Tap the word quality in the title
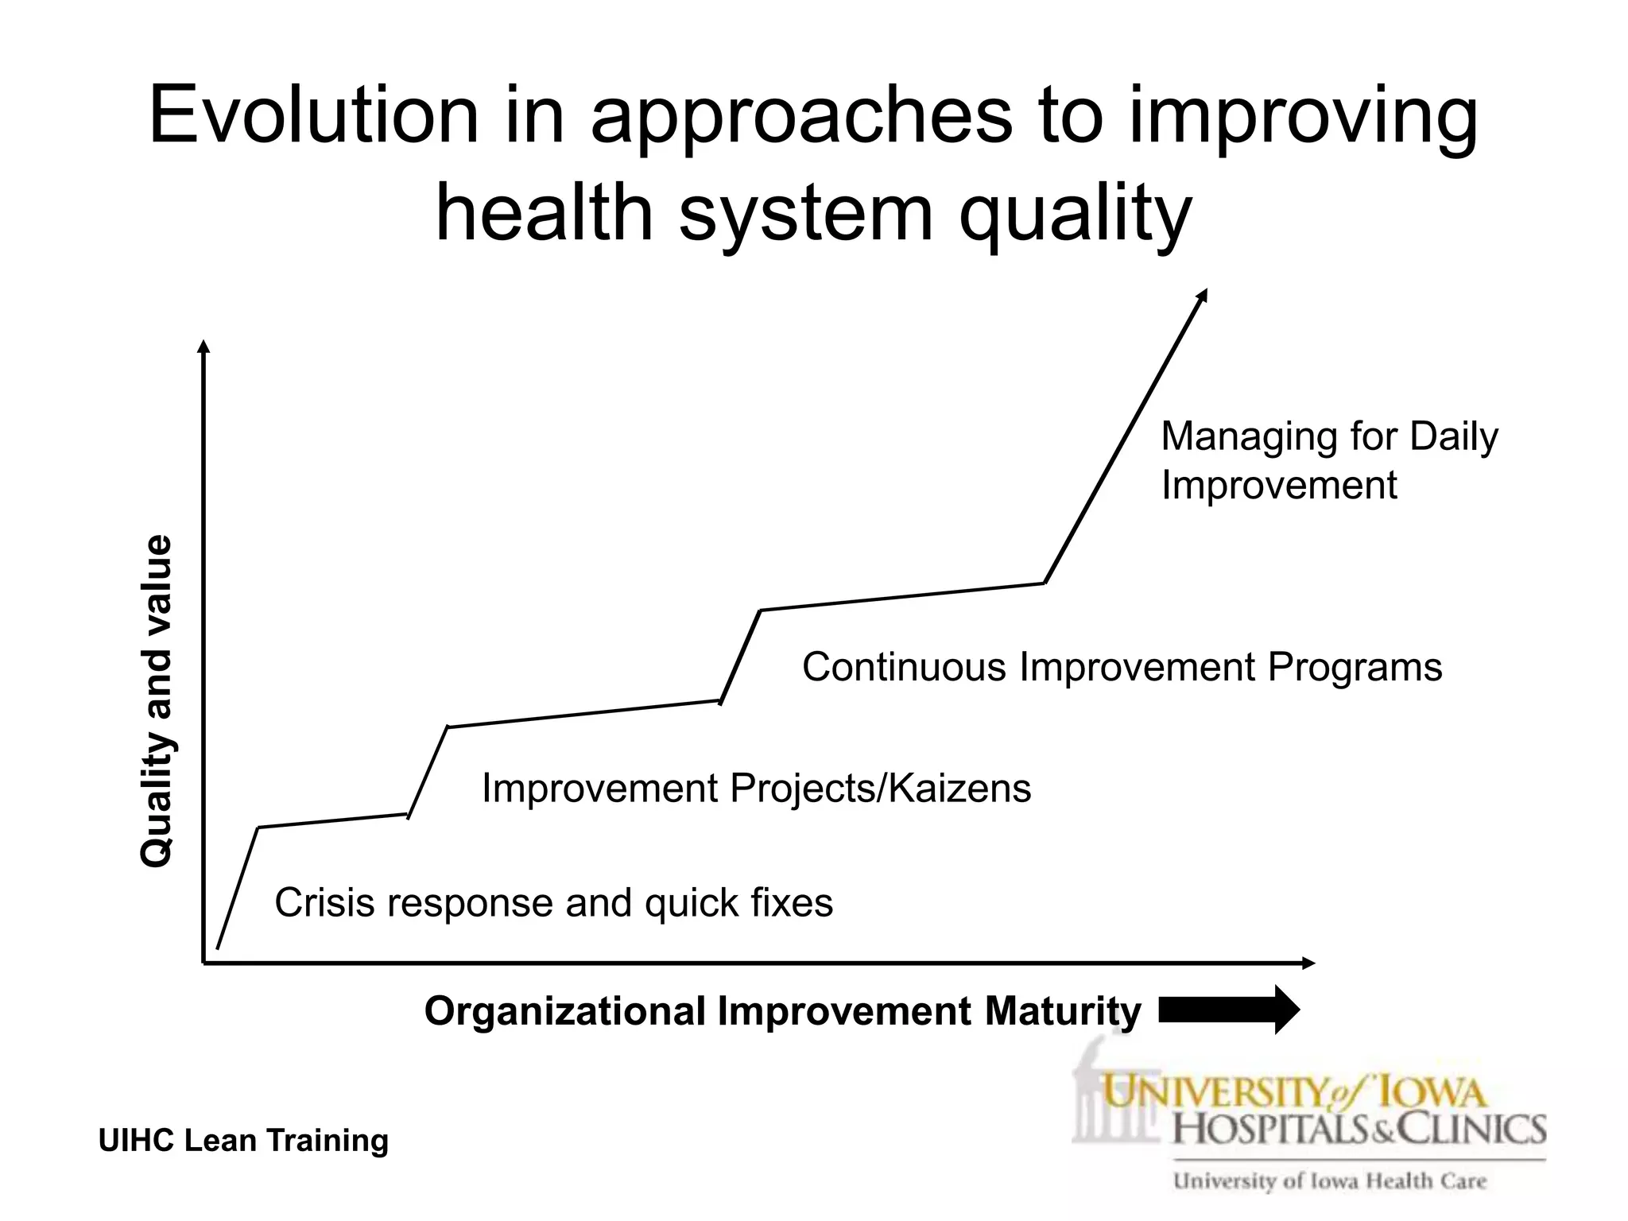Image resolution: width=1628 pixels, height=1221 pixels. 1075,213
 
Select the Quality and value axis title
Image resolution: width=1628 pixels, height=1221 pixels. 156,701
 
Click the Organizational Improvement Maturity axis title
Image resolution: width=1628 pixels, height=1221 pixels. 782,1012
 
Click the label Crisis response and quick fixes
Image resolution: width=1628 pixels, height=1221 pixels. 553,903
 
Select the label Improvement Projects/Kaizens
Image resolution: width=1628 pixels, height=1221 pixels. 756,789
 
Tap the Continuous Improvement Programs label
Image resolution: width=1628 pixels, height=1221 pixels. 1122,666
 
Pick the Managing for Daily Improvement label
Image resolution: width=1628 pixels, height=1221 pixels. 1328,460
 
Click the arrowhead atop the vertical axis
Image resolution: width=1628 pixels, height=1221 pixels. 203,347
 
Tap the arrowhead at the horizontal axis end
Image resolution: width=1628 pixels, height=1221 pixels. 1309,963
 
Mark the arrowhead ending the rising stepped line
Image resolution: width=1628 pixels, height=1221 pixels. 1203,295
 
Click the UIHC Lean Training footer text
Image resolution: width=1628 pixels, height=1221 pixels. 243,1140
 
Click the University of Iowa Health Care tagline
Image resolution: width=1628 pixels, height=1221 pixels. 1329,1181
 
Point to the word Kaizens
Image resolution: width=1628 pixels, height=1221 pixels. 959,789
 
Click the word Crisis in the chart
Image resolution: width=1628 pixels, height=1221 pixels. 324,903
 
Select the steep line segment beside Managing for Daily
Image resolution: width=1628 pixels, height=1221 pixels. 1125,437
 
